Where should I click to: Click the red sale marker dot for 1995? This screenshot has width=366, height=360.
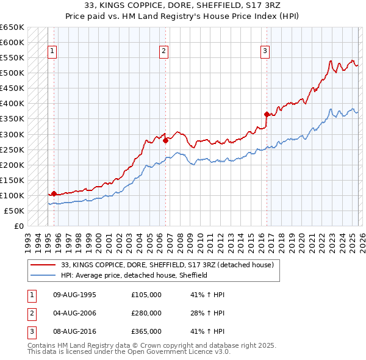click(x=54, y=193)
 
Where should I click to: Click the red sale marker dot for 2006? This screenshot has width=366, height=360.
click(x=165, y=140)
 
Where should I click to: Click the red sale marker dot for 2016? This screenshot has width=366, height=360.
click(x=267, y=114)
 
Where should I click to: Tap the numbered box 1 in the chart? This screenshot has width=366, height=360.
click(x=52, y=52)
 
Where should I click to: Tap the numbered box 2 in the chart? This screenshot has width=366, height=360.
click(x=164, y=52)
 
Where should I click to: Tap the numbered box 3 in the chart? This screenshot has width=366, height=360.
click(x=265, y=52)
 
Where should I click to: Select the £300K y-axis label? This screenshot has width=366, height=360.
click(x=12, y=134)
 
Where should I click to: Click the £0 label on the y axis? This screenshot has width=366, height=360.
click(x=18, y=226)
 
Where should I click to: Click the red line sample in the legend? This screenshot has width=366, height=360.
click(x=43, y=265)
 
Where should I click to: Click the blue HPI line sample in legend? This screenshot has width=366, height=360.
click(x=43, y=275)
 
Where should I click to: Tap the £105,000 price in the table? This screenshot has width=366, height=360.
click(x=146, y=295)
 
